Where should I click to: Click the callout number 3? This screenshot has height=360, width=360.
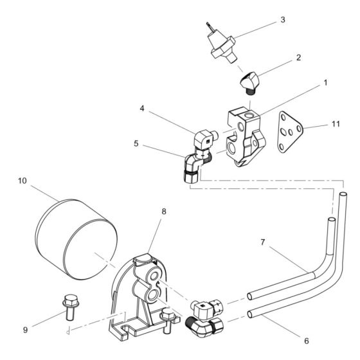click(x=283, y=20)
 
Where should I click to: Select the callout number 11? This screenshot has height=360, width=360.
click(x=336, y=124)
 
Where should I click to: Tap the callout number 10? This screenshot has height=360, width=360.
click(x=22, y=181)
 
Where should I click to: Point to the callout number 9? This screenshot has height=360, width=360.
click(x=25, y=330)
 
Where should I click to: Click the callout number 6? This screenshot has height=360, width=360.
click(x=307, y=341)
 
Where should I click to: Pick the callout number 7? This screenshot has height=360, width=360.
click(x=263, y=242)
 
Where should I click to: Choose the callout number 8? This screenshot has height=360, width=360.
click(x=164, y=212)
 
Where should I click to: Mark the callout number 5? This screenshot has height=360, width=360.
click(x=136, y=144)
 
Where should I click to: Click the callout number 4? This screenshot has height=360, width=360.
click(x=142, y=109)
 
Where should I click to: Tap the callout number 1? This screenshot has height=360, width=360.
click(x=325, y=83)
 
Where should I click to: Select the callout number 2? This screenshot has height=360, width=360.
click(x=298, y=58)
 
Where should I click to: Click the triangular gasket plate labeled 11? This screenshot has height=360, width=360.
click(x=290, y=132)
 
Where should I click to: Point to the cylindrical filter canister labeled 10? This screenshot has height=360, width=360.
click(x=76, y=239)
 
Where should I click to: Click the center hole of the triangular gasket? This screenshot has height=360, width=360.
click(x=291, y=132)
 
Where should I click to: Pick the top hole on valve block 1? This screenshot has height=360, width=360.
click(x=249, y=114)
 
